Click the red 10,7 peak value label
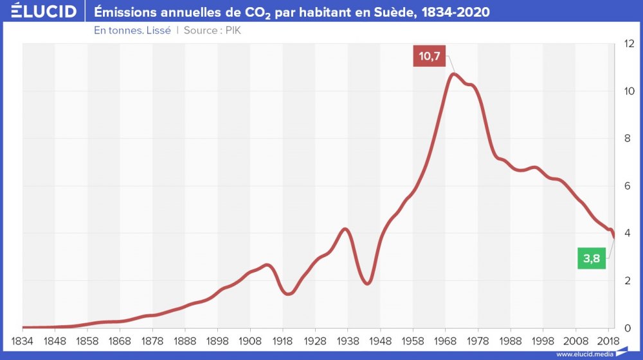coord(429,57)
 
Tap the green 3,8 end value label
coord(592,258)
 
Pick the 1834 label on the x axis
coord(23,339)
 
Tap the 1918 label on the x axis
coord(283,339)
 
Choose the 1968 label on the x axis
coord(446,339)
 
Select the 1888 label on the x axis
coord(185,339)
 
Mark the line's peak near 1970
coord(454,74)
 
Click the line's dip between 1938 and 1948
coord(367,283)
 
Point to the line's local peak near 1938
coord(345,229)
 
